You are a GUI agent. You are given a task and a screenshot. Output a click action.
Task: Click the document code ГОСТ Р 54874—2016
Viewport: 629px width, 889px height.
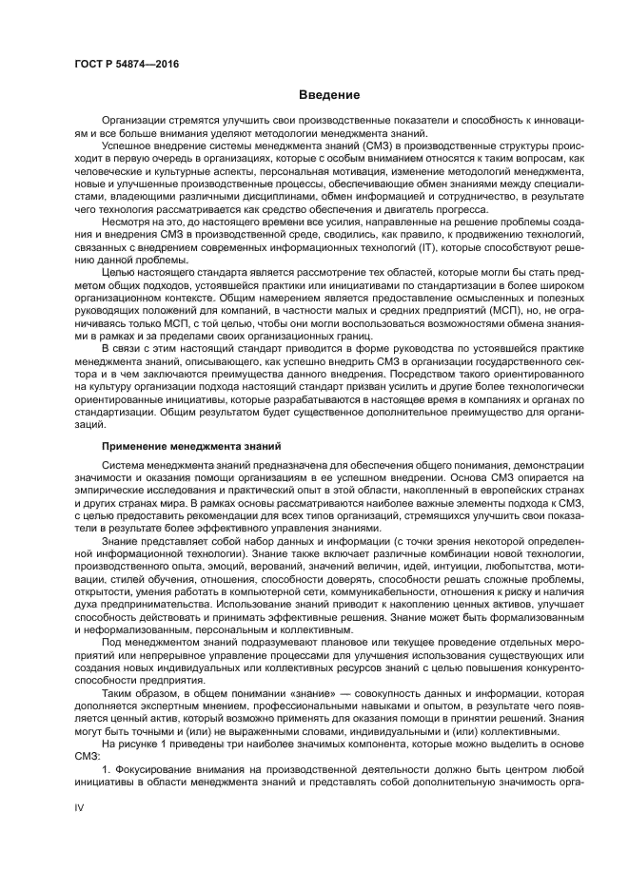point(127,64)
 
